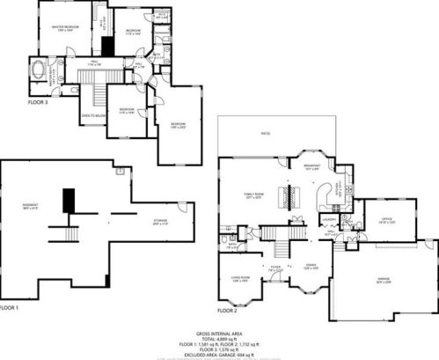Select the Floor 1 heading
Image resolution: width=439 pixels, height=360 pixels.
click(9, 308)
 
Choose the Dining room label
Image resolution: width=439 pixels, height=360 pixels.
click(311, 266)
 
